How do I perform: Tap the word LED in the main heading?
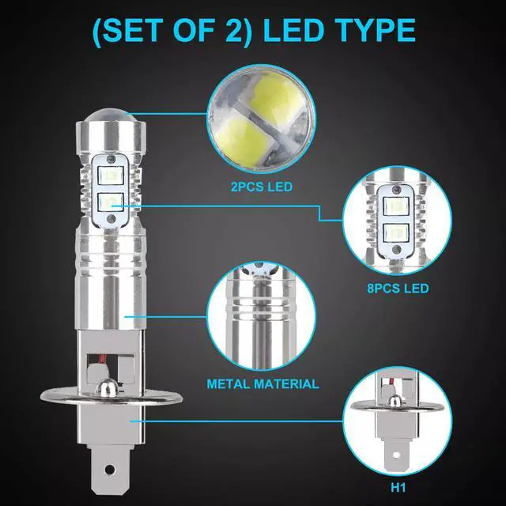point(293,30)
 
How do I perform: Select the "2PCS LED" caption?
point(262,187)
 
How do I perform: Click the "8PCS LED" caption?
point(398,288)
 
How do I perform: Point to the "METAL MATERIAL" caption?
point(262,384)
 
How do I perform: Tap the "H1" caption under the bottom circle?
point(398,488)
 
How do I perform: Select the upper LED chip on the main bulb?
point(111,176)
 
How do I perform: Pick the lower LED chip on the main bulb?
point(111,202)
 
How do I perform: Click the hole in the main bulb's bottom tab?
point(110,468)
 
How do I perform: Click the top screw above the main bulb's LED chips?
point(111,159)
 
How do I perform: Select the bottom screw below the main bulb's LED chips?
point(111,219)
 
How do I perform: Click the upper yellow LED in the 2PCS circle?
point(278,96)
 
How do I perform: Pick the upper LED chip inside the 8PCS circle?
point(396,206)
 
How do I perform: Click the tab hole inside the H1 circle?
point(396,455)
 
